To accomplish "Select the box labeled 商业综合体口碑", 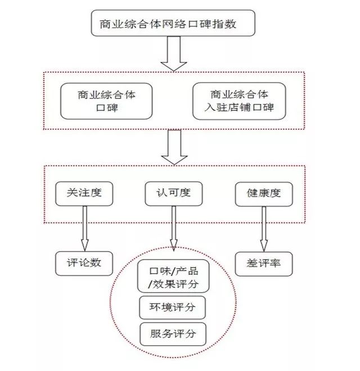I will [106, 101].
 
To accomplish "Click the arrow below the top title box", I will [173, 55].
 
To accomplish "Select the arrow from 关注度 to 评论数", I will [84, 228].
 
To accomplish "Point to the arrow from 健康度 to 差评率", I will [263, 228].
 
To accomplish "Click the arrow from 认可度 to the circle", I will [173, 228].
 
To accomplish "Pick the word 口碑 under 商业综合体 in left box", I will [106, 108].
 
